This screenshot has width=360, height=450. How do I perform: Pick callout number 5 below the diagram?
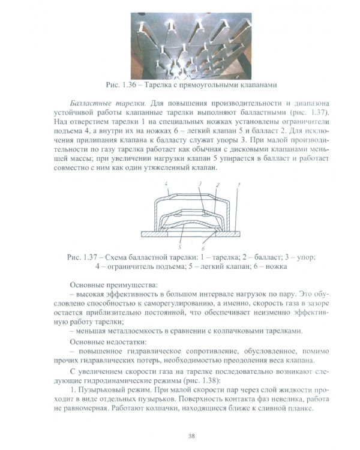(180, 246)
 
